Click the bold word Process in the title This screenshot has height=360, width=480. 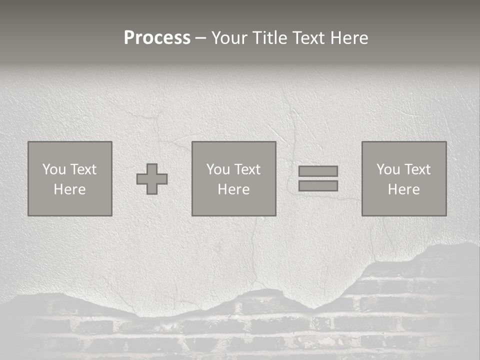pyautogui.click(x=157, y=38)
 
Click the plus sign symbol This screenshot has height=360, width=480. pyautogui.click(x=152, y=179)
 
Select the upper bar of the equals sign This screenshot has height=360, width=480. pyautogui.click(x=318, y=171)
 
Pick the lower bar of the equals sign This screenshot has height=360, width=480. pyautogui.click(x=318, y=186)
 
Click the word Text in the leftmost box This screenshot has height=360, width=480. pyautogui.click(x=83, y=169)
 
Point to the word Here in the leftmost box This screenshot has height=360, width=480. pyautogui.click(x=69, y=189)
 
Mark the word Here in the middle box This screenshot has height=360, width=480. pyautogui.click(x=233, y=189)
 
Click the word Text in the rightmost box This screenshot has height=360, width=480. pyautogui.click(x=417, y=169)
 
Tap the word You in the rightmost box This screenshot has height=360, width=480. pyautogui.click(x=388, y=169)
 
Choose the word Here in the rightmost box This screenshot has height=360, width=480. pyautogui.click(x=403, y=189)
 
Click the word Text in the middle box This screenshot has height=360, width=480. pyautogui.click(x=247, y=169)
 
